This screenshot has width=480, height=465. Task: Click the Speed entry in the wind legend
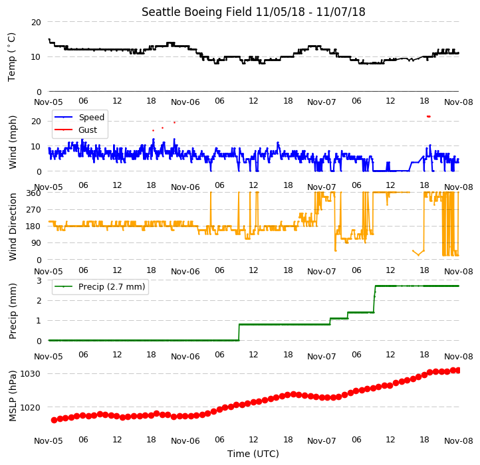[92, 117]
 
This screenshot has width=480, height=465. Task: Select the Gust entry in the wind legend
[88, 130]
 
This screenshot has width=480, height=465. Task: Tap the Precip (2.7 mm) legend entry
[112, 287]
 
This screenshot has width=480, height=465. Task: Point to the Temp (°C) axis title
[11, 57]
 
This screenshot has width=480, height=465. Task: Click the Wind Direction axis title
[13, 227]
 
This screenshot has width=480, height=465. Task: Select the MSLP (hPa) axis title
[13, 396]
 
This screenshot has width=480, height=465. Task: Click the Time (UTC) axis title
[253, 453]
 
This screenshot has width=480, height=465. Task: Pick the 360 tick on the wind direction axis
[34, 193]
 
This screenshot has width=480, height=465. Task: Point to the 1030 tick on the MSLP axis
[31, 374]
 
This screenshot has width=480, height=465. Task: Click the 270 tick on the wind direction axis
[34, 209]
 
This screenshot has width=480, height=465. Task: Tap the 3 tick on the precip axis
[39, 280]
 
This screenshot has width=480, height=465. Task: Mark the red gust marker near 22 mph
[429, 116]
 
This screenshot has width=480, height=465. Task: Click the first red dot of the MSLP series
[55, 420]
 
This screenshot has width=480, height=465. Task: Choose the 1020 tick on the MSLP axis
[31, 407]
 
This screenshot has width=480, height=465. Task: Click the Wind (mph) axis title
[13, 142]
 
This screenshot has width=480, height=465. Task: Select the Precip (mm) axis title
[13, 311]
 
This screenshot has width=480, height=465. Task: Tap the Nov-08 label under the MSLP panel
[459, 441]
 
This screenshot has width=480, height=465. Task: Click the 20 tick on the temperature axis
[36, 23]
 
